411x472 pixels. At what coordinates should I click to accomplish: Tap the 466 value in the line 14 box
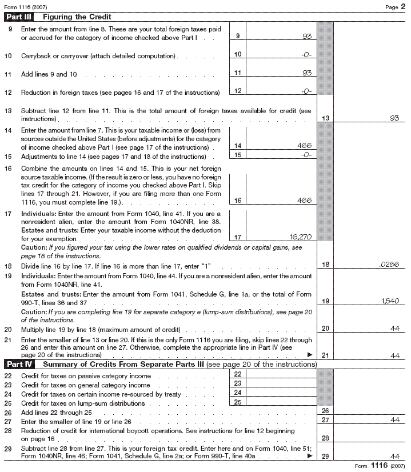(304, 146)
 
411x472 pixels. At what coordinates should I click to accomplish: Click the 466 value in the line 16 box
(304, 200)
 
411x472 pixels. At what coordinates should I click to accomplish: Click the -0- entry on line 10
(304, 54)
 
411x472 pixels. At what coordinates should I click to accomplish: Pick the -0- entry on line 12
(304, 90)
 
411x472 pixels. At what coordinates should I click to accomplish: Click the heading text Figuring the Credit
(77, 17)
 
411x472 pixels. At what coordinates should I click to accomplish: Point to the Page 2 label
(395, 6)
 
